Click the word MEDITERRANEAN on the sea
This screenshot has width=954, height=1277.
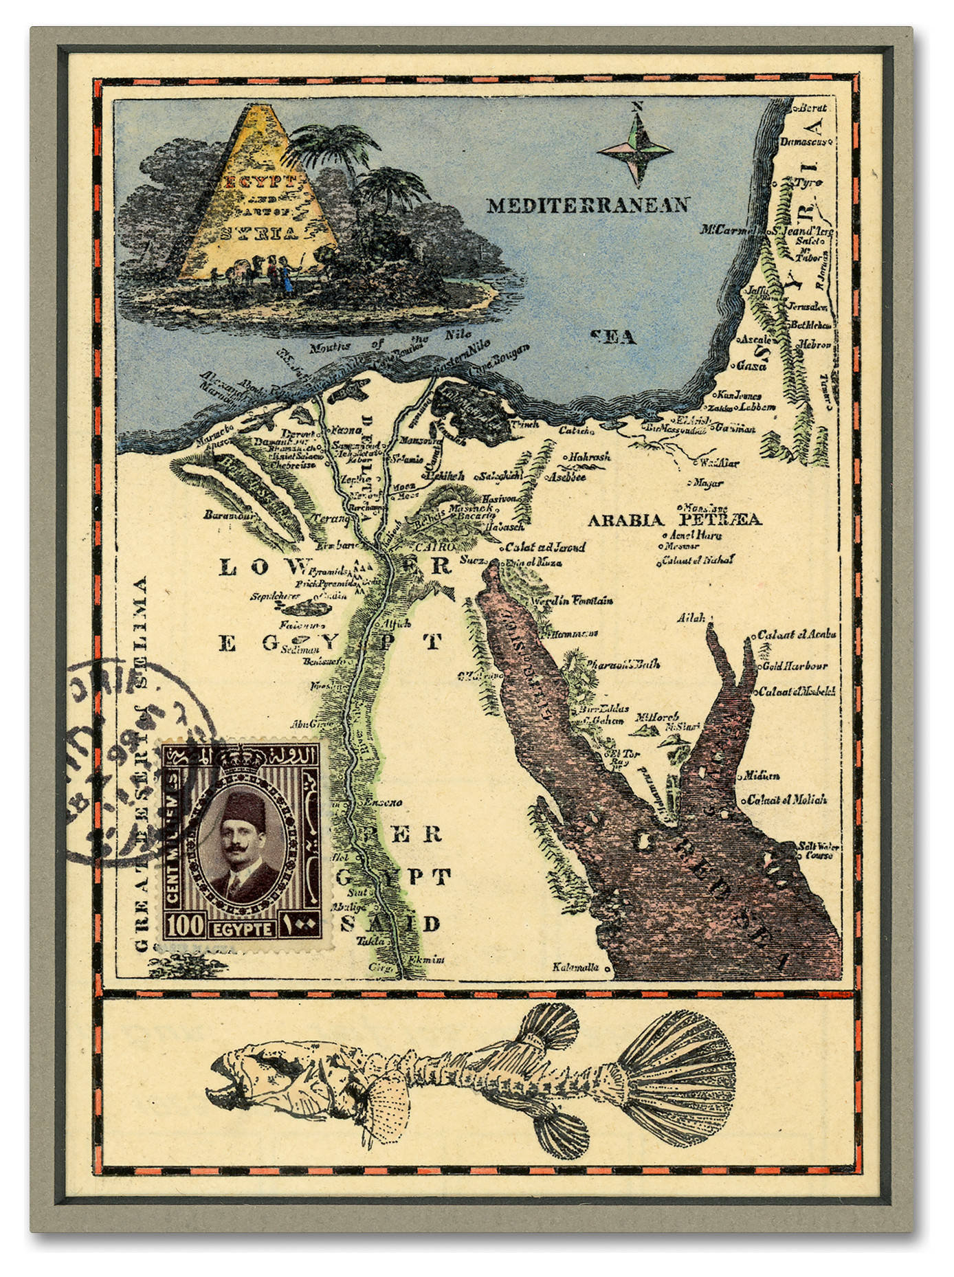coord(588,206)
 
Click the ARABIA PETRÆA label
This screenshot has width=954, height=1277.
coord(674,520)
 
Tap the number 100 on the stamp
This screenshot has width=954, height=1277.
coord(185,926)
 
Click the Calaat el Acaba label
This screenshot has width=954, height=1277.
coord(797,634)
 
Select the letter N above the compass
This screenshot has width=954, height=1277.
coord(637,107)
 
